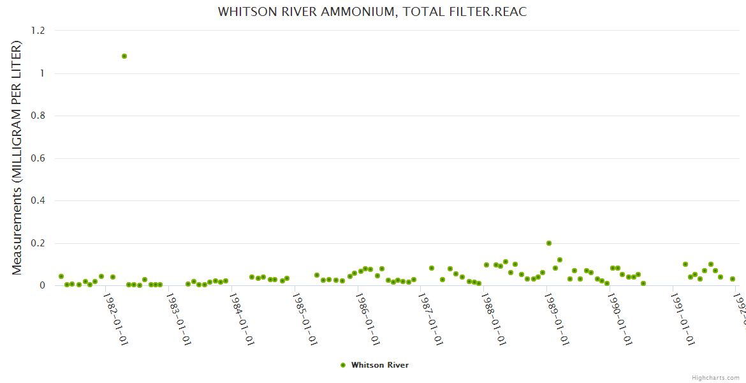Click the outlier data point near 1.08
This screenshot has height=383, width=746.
(x=124, y=56)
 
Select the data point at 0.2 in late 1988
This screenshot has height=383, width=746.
(x=548, y=243)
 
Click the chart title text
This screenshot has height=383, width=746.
(x=372, y=11)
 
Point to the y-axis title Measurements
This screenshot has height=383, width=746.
(x=17, y=158)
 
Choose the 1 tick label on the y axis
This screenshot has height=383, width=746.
(x=42, y=73)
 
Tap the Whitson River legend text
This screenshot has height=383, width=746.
(x=380, y=365)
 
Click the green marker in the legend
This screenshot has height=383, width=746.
(x=343, y=365)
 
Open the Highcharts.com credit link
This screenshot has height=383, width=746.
(x=716, y=377)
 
